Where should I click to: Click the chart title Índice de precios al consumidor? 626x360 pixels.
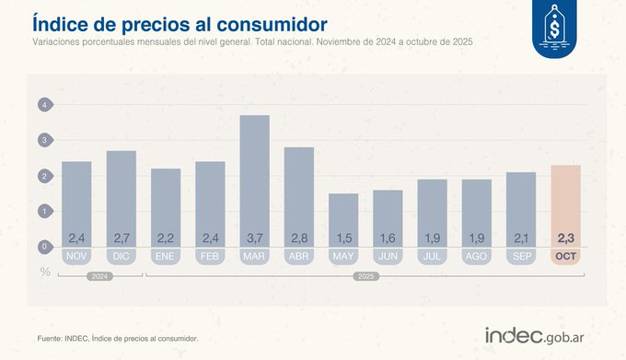pyautogui.click(x=181, y=21)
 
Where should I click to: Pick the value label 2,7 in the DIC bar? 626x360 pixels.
pyautogui.click(x=122, y=238)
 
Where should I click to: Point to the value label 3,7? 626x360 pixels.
pyautogui.click(x=255, y=238)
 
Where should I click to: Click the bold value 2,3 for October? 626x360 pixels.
pyautogui.click(x=565, y=238)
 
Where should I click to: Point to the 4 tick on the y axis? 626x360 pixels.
pyautogui.click(x=43, y=106)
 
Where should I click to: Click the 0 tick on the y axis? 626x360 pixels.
pyautogui.click(x=43, y=246)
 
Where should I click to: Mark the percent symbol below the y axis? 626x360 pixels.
pyautogui.click(x=43, y=271)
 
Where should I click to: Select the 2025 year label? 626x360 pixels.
pyautogui.click(x=365, y=275)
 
